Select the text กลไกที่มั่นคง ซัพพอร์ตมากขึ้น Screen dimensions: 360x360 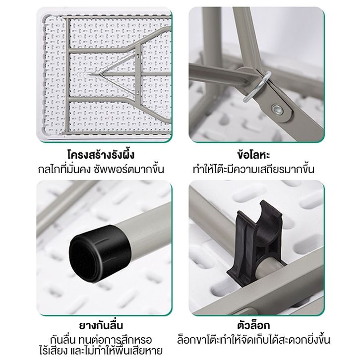click(x=101, y=169)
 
